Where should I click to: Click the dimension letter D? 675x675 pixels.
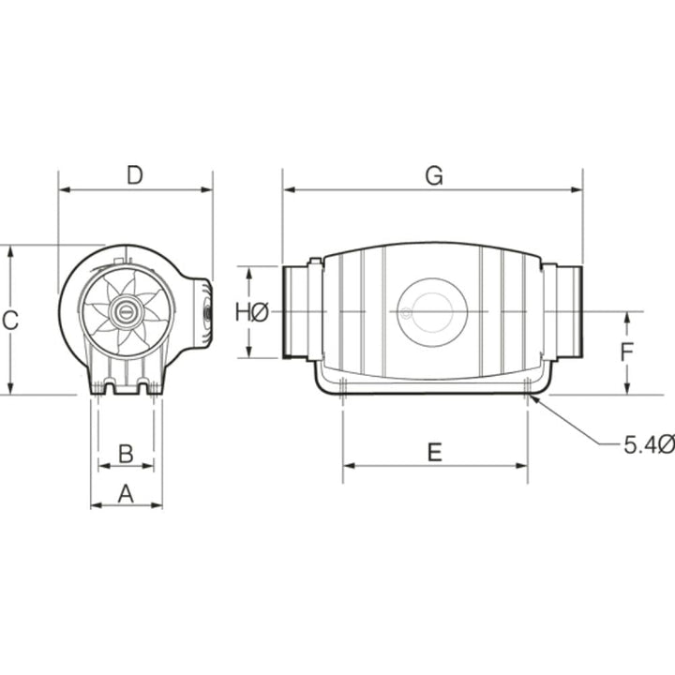tap(135, 174)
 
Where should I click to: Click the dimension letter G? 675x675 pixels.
tap(432, 174)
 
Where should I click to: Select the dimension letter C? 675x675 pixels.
tap(10, 321)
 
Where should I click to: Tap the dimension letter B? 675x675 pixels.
tap(126, 454)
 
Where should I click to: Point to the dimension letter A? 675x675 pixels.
tap(126, 492)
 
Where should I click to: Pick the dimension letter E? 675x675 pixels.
tap(434, 453)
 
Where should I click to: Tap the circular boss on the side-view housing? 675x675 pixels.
tap(431, 307)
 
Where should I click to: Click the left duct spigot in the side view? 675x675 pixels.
tap(298, 311)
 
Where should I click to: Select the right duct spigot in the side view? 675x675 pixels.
tap(568, 311)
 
